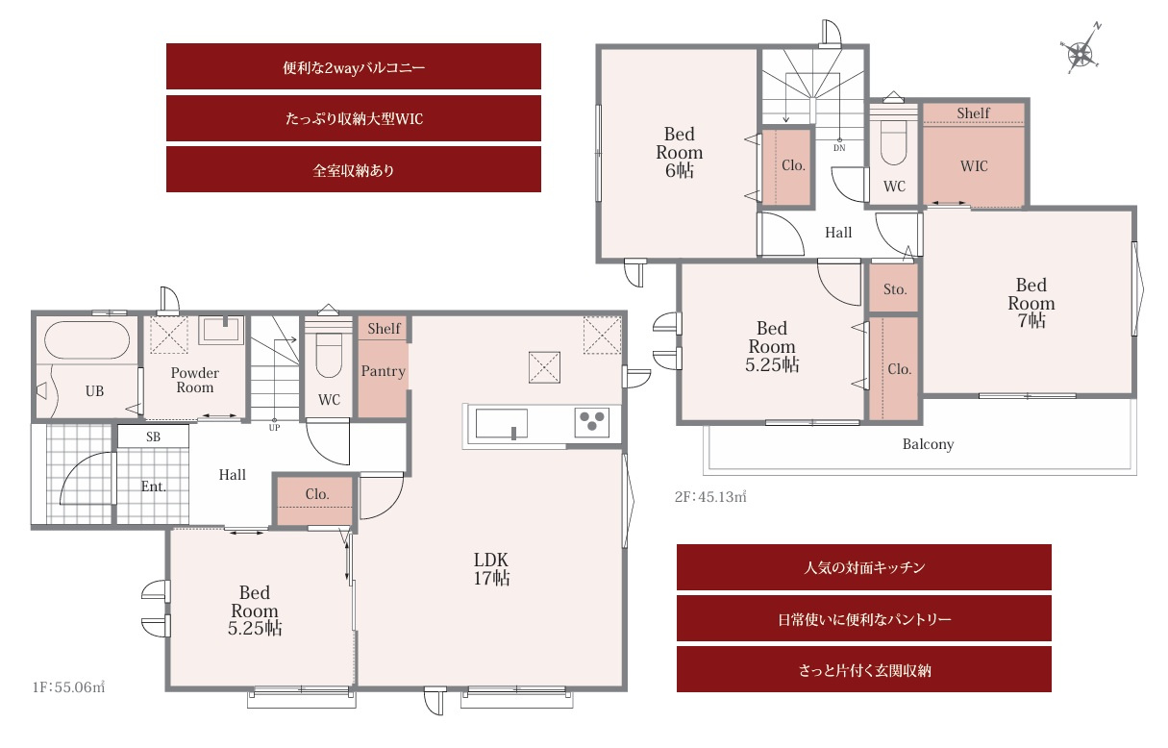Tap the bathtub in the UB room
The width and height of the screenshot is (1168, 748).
[87, 340]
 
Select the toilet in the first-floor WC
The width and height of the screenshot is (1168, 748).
[329, 355]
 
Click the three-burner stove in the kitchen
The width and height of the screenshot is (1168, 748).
[592, 422]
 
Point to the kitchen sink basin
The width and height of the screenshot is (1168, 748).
[501, 423]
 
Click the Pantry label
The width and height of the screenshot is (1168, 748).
[384, 371]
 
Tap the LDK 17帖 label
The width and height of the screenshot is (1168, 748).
[491, 569]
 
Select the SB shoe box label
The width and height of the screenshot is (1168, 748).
[153, 436]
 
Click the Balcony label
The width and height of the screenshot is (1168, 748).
[928, 444]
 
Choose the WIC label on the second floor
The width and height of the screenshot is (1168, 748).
[974, 166]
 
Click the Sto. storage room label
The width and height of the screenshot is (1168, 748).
[895, 289]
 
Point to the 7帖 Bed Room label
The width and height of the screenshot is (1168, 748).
[1031, 303]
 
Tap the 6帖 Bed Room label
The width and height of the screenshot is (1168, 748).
[679, 152]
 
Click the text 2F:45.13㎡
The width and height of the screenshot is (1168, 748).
[710, 496]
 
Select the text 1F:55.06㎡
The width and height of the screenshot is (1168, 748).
[68, 687]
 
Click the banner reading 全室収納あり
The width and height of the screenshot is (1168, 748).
[354, 169]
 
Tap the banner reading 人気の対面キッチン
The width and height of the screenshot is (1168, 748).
[864, 567]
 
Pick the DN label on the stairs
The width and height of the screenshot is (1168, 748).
[839, 148]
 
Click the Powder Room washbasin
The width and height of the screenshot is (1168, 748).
[222, 330]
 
